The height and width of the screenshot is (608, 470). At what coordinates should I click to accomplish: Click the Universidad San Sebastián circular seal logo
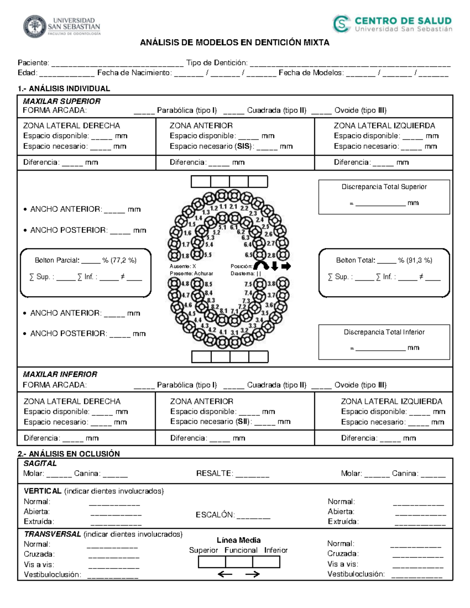click(34, 27)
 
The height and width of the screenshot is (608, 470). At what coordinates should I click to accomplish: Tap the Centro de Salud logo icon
click(341, 23)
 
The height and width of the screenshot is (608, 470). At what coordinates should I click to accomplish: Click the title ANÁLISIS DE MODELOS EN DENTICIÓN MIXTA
click(235, 43)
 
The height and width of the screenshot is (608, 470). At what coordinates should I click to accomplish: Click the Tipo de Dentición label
click(217, 63)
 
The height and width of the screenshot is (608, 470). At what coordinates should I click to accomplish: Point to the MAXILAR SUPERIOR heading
click(61, 101)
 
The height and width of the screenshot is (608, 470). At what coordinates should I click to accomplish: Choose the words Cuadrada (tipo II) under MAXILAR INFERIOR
click(277, 385)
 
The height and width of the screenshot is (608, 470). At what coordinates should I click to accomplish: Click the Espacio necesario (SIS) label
click(212, 146)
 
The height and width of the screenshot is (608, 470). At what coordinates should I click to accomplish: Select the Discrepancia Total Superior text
click(384, 187)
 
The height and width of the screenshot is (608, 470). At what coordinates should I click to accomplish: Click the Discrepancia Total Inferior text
click(384, 332)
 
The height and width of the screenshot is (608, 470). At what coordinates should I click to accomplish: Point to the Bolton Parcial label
click(57, 260)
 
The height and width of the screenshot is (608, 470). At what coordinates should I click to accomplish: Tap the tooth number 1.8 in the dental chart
click(184, 256)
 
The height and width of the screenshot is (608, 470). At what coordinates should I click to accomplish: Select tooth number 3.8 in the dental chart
click(271, 283)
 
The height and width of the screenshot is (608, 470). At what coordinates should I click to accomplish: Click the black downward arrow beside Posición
click(275, 266)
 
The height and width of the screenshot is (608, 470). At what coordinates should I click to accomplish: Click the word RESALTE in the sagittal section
click(214, 473)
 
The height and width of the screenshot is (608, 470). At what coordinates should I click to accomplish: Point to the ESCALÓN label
click(215, 515)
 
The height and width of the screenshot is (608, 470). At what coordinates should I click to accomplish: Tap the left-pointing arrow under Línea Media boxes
click(225, 574)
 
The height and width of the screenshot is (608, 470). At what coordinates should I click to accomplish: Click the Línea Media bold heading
click(239, 540)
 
